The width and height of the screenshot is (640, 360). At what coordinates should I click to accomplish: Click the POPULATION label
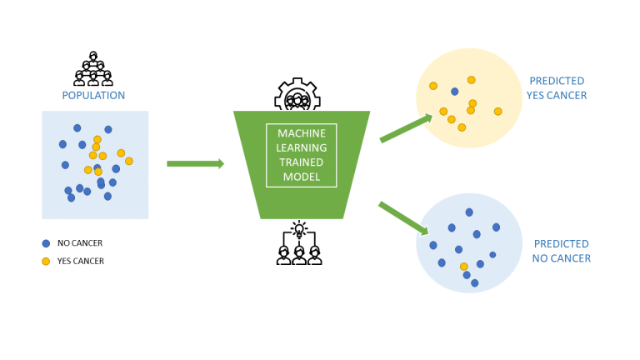(93, 95)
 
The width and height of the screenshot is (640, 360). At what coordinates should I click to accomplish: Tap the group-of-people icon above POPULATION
(93, 69)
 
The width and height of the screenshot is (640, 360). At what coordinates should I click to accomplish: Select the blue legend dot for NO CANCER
(46, 243)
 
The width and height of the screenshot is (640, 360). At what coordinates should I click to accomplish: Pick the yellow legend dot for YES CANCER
(46, 261)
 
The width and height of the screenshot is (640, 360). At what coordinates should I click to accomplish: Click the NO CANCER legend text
(80, 243)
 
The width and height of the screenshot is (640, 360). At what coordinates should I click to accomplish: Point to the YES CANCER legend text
(81, 261)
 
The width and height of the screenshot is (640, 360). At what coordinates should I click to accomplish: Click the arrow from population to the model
(195, 163)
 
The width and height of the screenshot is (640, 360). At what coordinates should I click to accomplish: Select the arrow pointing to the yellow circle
(406, 128)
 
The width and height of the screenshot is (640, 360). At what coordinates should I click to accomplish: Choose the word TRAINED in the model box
(302, 163)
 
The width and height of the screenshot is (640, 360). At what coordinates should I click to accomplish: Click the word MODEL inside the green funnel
(302, 177)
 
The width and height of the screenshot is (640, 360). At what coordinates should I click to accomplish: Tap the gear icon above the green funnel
(297, 96)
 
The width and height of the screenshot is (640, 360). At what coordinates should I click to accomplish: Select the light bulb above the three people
(299, 228)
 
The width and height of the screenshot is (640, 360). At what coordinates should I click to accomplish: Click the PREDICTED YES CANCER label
(557, 88)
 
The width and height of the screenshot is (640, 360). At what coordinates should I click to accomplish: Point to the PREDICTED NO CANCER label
(562, 251)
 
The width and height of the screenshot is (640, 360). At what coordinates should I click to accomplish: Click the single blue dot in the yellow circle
(454, 92)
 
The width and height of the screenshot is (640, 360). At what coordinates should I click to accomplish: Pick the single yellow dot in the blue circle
(464, 267)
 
